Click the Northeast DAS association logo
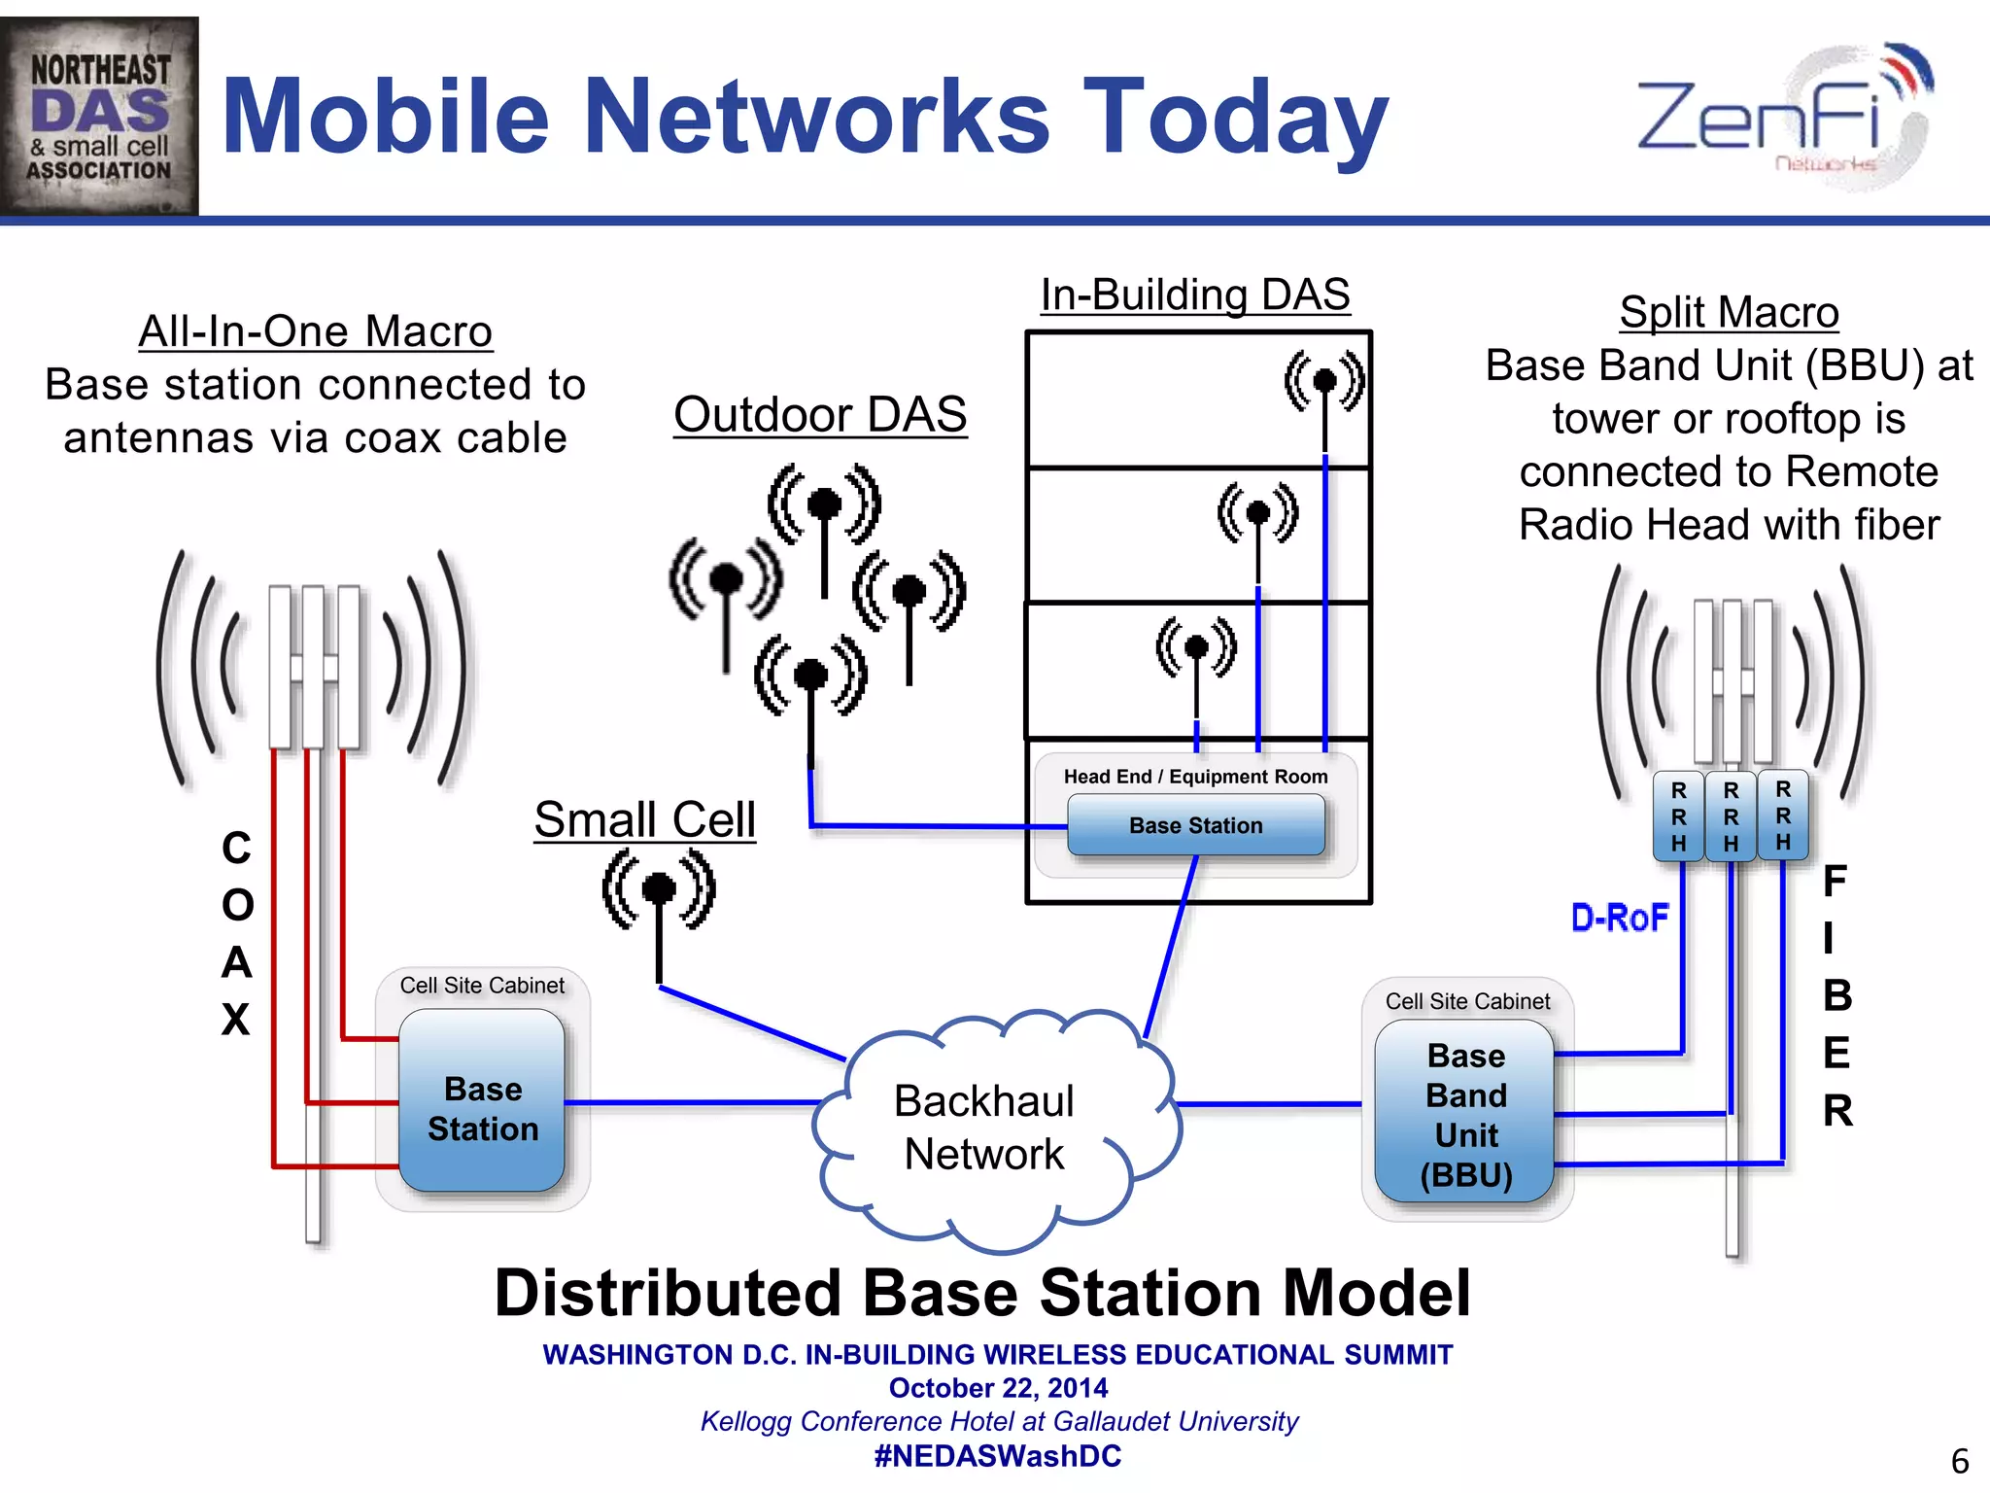[99, 116]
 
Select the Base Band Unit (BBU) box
[1465, 1114]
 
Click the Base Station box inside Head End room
[1195, 825]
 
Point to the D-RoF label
[1619, 918]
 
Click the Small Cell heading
[644, 819]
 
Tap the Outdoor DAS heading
[820, 415]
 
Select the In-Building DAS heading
[1195, 295]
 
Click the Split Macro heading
[1729, 313]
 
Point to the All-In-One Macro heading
[316, 331]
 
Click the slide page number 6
[1960, 1461]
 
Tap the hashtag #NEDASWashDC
[997, 1456]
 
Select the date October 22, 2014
[997, 1388]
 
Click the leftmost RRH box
[1678, 816]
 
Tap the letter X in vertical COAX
[236, 1020]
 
